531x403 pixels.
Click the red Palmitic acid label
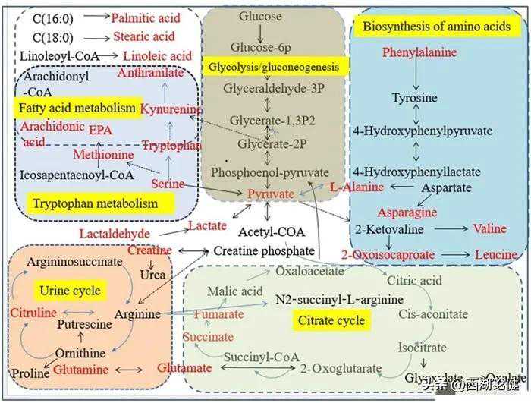tap(145, 17)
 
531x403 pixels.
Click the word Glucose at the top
tap(260, 16)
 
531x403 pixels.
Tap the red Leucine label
tap(496, 254)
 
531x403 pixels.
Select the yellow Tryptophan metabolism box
tap(95, 203)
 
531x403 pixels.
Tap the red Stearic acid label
tap(143, 36)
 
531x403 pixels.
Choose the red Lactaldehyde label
tap(115, 233)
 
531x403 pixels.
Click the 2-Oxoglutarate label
tap(341, 369)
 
